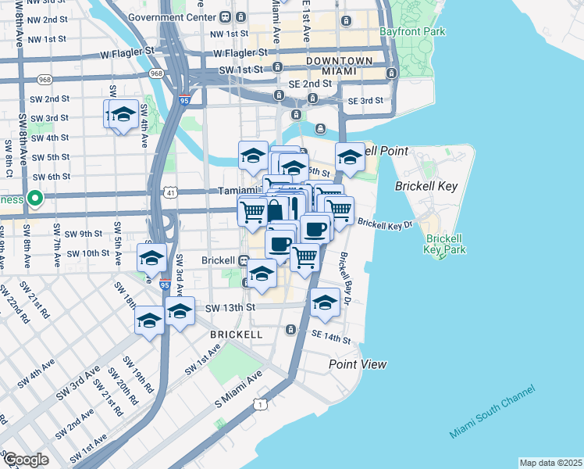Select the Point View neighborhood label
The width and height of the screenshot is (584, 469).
pos(358,364)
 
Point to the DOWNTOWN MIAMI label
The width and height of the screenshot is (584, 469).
pos(340,66)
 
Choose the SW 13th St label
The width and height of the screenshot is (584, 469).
pos(230,308)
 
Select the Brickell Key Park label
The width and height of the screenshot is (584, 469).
pos(446,245)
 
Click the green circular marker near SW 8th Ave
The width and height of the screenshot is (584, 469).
pos(34,199)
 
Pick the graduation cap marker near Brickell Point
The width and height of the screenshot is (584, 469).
pos(350,157)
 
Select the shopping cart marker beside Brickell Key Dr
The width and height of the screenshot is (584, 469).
pos(339,209)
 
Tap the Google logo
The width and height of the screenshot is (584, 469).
pos(26,460)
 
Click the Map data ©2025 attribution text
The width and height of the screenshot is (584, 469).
pos(550,463)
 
